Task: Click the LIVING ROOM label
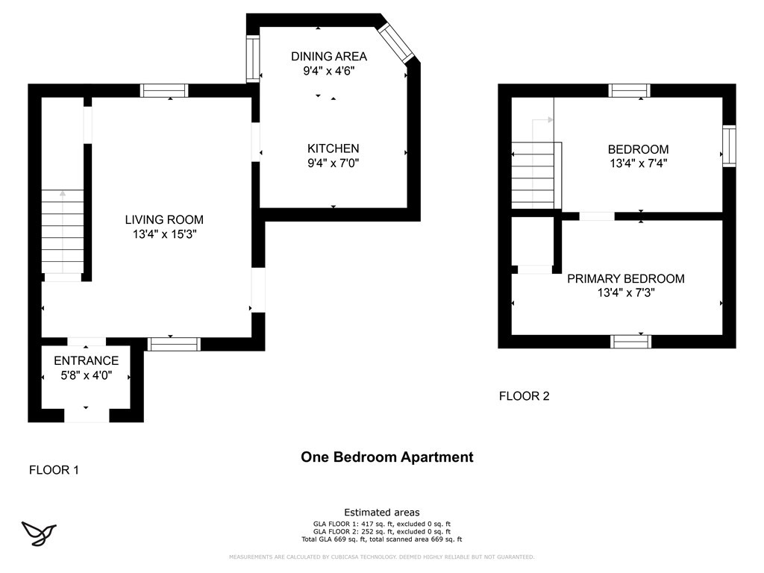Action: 164,220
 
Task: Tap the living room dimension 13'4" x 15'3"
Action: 164,234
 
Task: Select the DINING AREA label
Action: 329,57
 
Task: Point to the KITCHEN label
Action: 334,148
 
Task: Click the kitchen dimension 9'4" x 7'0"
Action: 334,163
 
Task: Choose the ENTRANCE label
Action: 87,360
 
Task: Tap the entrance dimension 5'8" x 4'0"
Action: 87,375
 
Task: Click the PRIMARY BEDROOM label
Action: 626,279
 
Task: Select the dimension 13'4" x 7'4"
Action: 639,163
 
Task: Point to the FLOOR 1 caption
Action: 54,470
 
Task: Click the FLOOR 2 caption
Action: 525,396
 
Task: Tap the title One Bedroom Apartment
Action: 387,457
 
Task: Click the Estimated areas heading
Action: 382,513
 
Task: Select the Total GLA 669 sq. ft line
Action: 381,539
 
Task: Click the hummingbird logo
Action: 39,533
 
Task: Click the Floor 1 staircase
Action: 63,231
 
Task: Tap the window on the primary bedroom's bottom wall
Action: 631,341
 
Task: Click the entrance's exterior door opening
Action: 87,415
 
